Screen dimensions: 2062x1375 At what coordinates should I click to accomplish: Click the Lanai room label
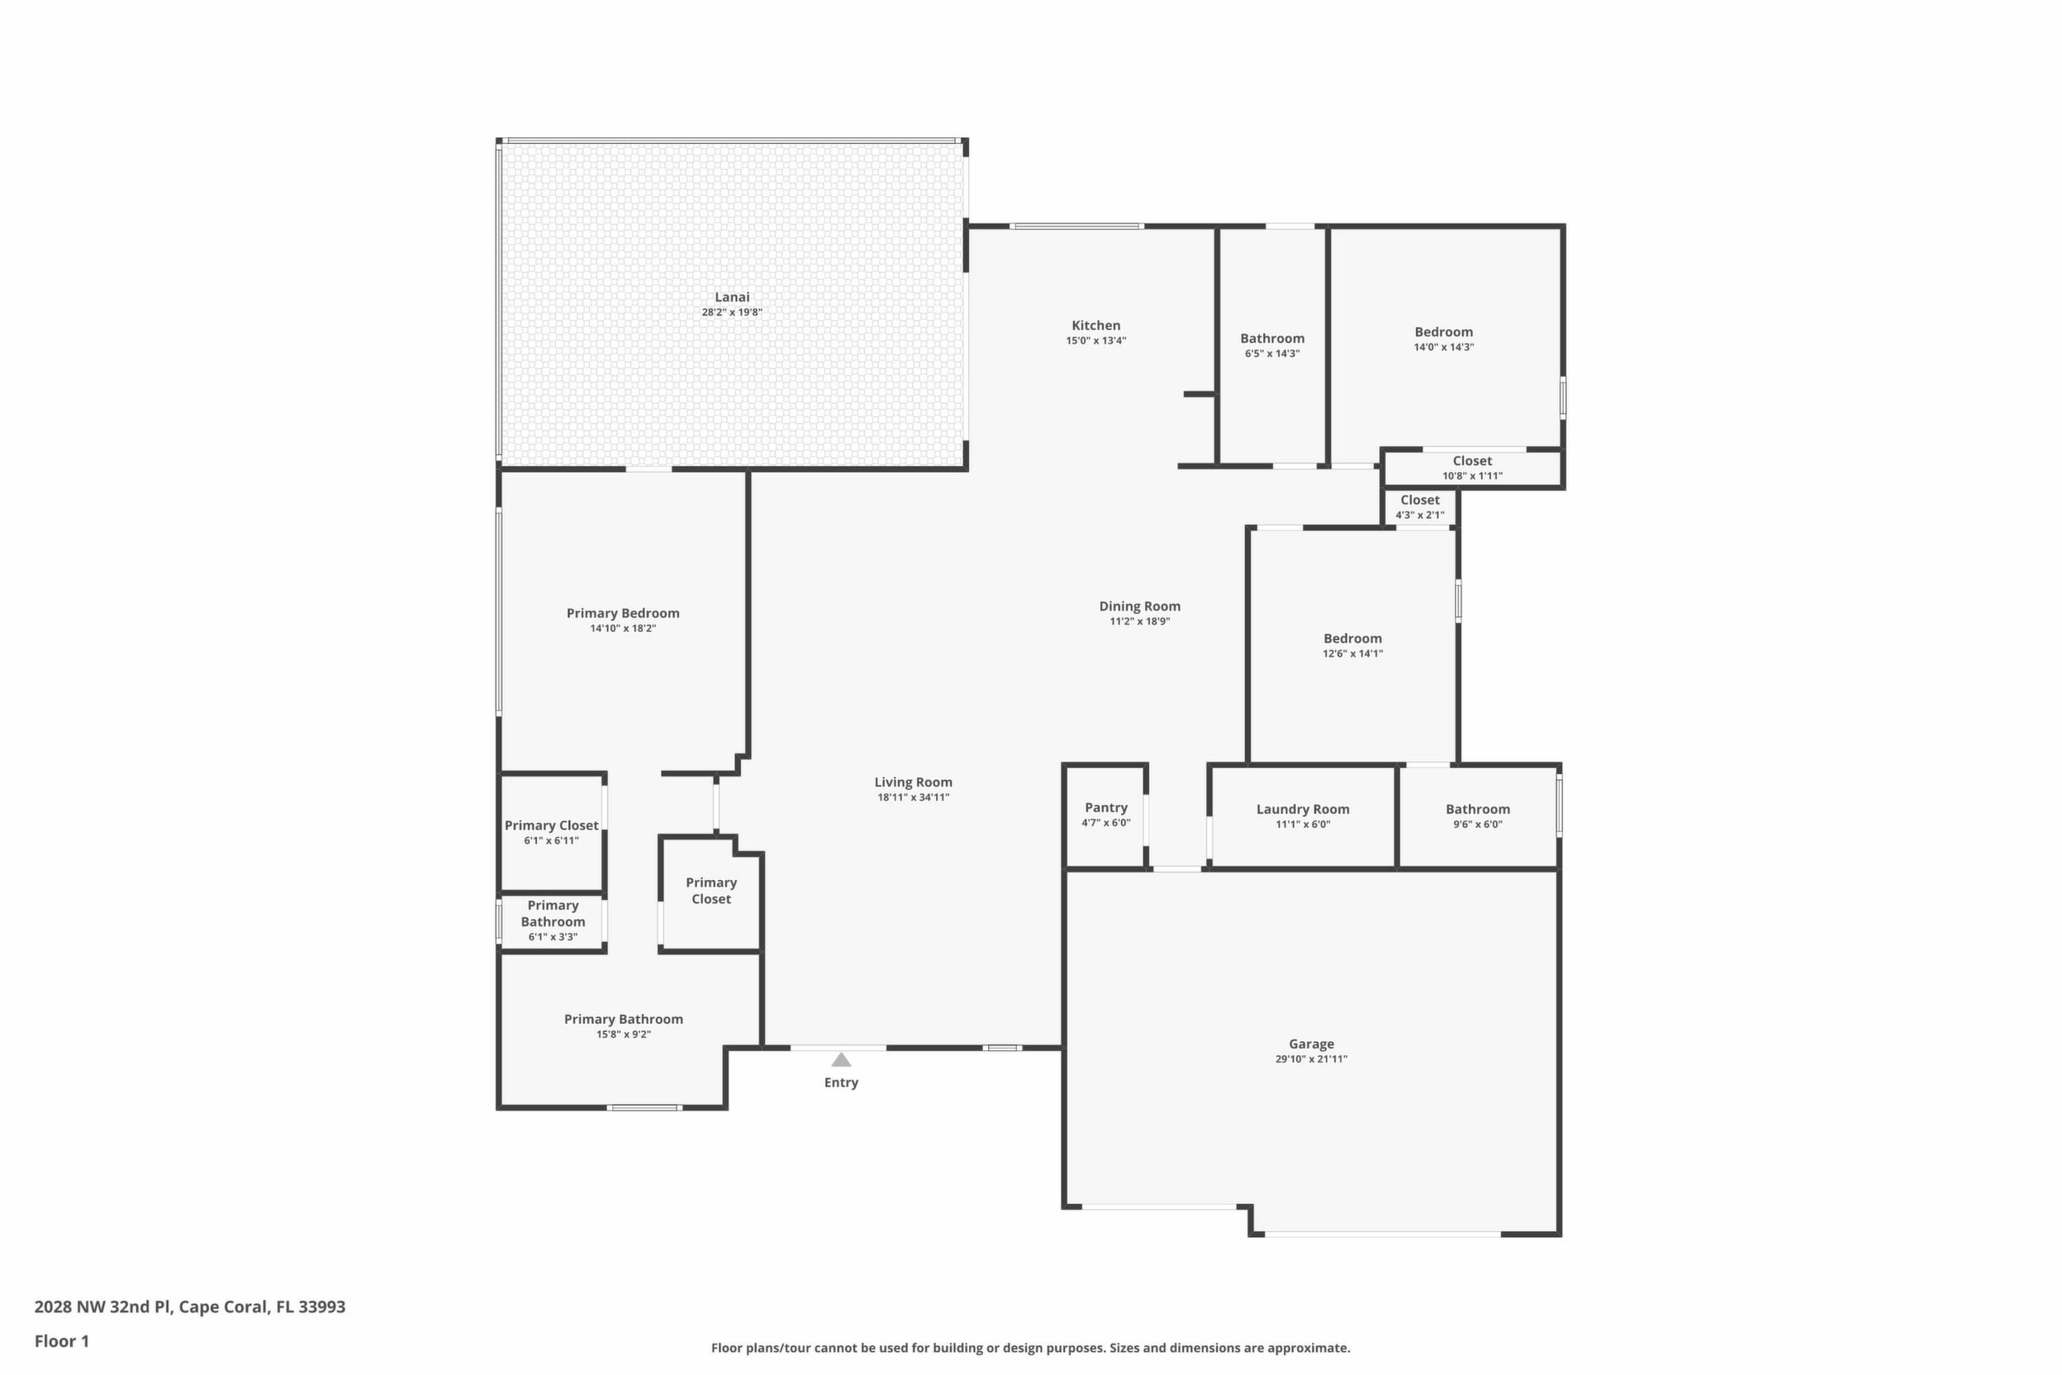[732, 297]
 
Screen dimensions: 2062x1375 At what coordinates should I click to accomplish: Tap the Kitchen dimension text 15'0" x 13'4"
[1096, 341]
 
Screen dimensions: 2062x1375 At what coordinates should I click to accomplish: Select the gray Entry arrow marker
[841, 1059]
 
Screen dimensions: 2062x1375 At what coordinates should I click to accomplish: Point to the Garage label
[1312, 1044]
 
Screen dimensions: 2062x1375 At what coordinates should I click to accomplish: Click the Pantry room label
[1106, 807]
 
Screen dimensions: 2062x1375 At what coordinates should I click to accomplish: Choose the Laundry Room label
[1303, 810]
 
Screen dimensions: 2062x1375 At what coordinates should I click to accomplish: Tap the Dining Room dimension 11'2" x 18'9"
[1140, 621]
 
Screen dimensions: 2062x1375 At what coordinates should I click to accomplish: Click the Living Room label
[914, 783]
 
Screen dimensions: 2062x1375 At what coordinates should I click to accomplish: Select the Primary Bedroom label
[622, 613]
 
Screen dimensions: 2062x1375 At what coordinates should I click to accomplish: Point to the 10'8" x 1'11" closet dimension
[1473, 476]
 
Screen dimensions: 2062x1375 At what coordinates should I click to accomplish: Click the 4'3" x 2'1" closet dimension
[1420, 516]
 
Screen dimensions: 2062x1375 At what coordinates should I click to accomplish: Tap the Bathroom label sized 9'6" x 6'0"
[1478, 810]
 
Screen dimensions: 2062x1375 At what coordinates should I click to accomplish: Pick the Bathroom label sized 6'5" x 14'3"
[1272, 339]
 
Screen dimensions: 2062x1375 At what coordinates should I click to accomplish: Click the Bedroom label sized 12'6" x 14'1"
[1352, 639]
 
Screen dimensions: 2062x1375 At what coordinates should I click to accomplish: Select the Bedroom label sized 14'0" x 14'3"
[1444, 331]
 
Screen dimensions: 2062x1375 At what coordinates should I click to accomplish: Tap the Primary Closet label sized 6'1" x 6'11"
[552, 825]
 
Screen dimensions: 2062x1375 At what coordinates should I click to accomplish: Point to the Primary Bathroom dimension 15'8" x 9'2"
[624, 1035]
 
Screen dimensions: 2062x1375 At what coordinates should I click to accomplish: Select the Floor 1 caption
[61, 1341]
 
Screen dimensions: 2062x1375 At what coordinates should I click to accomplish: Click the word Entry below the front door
[841, 1083]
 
